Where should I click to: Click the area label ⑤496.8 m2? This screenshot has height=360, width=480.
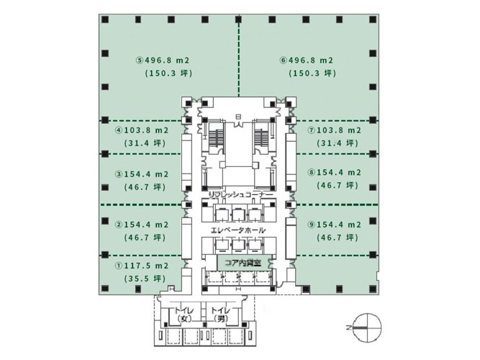click(x=163, y=60)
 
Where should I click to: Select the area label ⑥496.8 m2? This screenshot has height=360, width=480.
click(x=307, y=60)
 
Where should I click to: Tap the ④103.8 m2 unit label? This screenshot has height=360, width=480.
click(x=142, y=130)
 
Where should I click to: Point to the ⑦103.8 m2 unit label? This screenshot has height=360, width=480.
click(x=335, y=130)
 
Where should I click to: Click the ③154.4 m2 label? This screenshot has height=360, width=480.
click(x=142, y=174)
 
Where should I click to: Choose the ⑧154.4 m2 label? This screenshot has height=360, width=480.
click(x=335, y=173)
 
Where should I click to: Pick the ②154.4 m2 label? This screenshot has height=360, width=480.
click(x=142, y=225)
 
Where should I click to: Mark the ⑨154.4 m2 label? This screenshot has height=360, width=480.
click(x=335, y=225)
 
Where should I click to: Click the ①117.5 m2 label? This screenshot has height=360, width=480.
click(x=142, y=266)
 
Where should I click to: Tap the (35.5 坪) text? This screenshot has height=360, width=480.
click(x=145, y=279)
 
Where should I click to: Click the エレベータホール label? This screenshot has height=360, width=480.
click(x=238, y=230)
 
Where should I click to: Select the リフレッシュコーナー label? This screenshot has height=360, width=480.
click(x=240, y=194)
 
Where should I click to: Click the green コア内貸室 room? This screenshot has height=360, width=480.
click(x=244, y=263)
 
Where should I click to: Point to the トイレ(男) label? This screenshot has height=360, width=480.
click(x=220, y=315)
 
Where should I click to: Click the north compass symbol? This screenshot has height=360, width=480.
click(x=367, y=328)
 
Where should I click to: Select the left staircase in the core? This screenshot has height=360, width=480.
click(x=217, y=139)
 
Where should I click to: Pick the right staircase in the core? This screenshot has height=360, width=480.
click(x=262, y=139)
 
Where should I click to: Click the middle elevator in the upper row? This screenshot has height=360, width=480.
click(x=239, y=213)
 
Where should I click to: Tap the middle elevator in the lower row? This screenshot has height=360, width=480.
click(x=239, y=245)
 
